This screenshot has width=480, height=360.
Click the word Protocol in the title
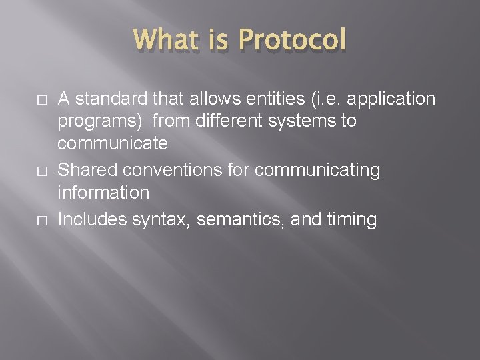[x=292, y=41]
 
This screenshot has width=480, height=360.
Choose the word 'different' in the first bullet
[x=226, y=122]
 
